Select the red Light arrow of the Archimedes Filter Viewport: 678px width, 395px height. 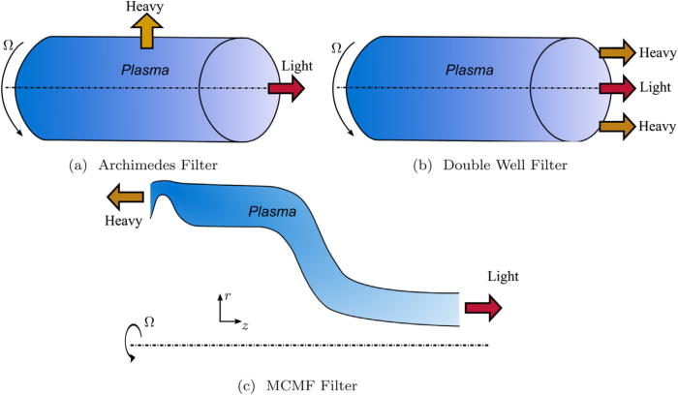285,89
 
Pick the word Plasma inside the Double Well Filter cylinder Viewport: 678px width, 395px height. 467,70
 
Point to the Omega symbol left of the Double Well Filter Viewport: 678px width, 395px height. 337,46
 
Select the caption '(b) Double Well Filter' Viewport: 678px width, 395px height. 490,166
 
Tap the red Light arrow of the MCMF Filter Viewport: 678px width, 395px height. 483,308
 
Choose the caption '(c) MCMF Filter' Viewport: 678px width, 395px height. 298,386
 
